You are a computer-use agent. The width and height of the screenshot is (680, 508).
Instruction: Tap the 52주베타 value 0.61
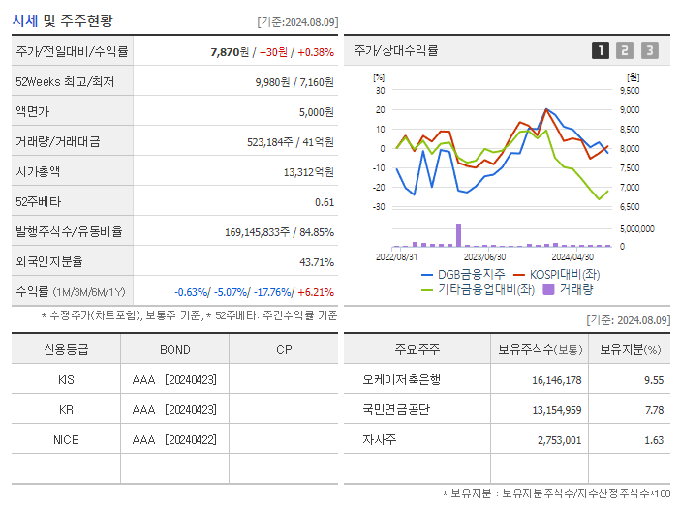point(325,202)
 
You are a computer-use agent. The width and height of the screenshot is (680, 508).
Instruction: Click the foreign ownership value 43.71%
point(316,262)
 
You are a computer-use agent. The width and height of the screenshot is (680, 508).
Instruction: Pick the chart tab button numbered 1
point(601,50)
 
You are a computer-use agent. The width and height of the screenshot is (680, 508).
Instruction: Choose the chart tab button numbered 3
point(649,50)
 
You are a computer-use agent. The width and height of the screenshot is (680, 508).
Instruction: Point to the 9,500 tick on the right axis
point(629,90)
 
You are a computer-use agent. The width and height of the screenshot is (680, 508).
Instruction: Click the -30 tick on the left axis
point(379,207)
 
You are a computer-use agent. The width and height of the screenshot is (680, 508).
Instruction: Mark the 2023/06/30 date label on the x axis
point(484,257)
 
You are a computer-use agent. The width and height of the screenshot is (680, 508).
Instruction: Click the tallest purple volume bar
point(458,235)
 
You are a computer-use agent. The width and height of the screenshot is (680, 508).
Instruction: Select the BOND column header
point(174,349)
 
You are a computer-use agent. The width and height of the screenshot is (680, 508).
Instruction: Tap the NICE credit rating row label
point(66,439)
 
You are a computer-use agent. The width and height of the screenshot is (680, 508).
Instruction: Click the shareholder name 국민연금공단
point(397,409)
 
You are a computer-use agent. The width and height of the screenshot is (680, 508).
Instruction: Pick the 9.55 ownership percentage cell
point(653,380)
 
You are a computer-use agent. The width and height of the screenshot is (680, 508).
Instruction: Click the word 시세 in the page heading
point(25,20)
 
